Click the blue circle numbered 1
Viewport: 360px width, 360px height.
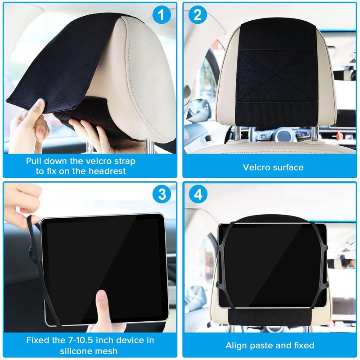[x=162, y=15]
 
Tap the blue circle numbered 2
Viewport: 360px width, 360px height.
[x=198, y=15]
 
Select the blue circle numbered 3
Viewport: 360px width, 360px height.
[x=162, y=194]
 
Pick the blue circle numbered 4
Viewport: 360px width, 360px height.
[x=198, y=194]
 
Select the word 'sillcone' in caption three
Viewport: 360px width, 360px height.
[x=75, y=351]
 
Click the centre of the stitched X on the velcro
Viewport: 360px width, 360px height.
[x=276, y=76]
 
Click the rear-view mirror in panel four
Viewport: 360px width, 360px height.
[x=342, y=264]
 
